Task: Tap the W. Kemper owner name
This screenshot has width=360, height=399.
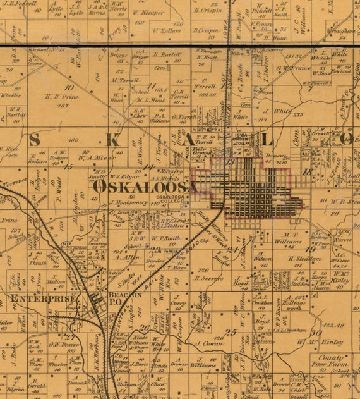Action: (x=148, y=12)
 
